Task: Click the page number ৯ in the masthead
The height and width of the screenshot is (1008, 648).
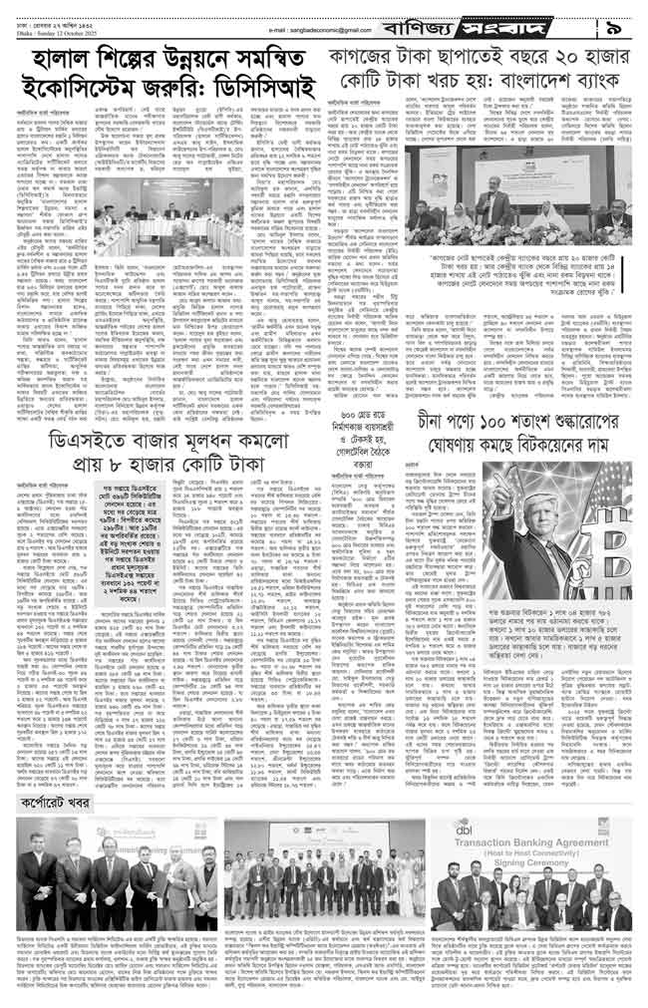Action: [625, 16]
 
